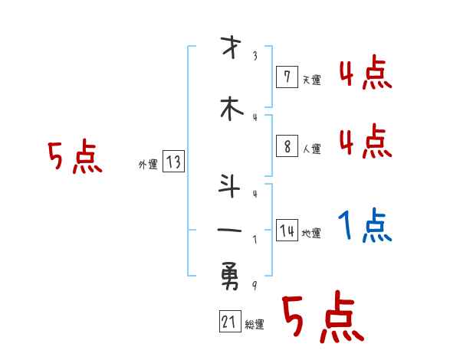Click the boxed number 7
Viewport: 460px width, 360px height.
click(x=286, y=77)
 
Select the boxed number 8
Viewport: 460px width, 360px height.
click(x=286, y=147)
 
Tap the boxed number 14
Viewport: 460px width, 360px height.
click(x=287, y=231)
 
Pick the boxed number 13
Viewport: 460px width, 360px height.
click(x=173, y=162)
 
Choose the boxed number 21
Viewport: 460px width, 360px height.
click(x=229, y=322)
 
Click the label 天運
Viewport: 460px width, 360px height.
click(x=311, y=79)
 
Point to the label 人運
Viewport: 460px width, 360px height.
click(x=311, y=149)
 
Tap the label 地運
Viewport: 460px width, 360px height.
click(x=311, y=234)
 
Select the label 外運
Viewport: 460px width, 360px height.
click(x=148, y=163)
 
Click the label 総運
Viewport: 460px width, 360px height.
click(x=255, y=325)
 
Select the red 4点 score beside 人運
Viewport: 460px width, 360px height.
click(x=365, y=142)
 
